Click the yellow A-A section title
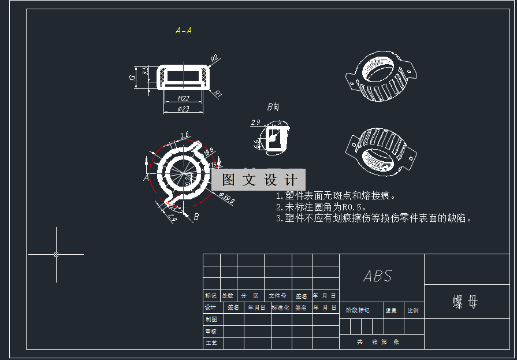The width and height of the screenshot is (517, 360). tap(184, 31)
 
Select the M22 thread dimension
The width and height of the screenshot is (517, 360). tap(184, 98)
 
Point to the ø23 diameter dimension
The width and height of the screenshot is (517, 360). tap(183, 109)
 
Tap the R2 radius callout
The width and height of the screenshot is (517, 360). tap(214, 58)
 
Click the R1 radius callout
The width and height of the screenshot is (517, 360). tap(218, 92)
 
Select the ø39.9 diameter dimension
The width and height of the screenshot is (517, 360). tap(226, 199)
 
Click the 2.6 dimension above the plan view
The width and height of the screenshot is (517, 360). tap(184, 135)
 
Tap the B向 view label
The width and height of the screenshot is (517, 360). tap(273, 107)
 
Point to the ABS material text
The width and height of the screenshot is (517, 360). tap(378, 276)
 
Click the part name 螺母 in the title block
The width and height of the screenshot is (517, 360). tap(466, 302)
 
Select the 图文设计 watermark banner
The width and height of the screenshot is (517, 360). tap(259, 180)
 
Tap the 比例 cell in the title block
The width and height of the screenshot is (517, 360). tap(413, 310)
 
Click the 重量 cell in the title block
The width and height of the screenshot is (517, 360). tap(391, 310)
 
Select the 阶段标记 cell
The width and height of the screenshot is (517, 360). tap(358, 310)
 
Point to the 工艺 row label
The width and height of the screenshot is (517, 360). tap(211, 343)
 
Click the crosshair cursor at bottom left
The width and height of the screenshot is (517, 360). tap(56, 254)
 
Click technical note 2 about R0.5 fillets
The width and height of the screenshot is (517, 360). tap(322, 207)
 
